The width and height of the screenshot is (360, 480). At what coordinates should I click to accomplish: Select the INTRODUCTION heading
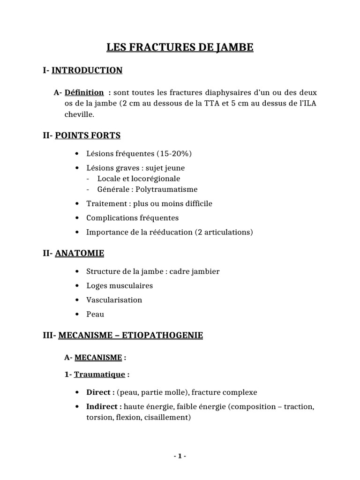87,70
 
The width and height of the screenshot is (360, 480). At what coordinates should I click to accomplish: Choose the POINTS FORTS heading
88,136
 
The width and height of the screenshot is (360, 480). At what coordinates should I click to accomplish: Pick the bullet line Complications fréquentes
132,218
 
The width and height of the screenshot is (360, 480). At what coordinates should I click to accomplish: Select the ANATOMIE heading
80,254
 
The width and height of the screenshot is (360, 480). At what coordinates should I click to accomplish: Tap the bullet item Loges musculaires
120,285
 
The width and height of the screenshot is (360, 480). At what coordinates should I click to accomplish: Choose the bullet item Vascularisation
114,300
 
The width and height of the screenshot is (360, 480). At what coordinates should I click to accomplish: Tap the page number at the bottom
180,457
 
